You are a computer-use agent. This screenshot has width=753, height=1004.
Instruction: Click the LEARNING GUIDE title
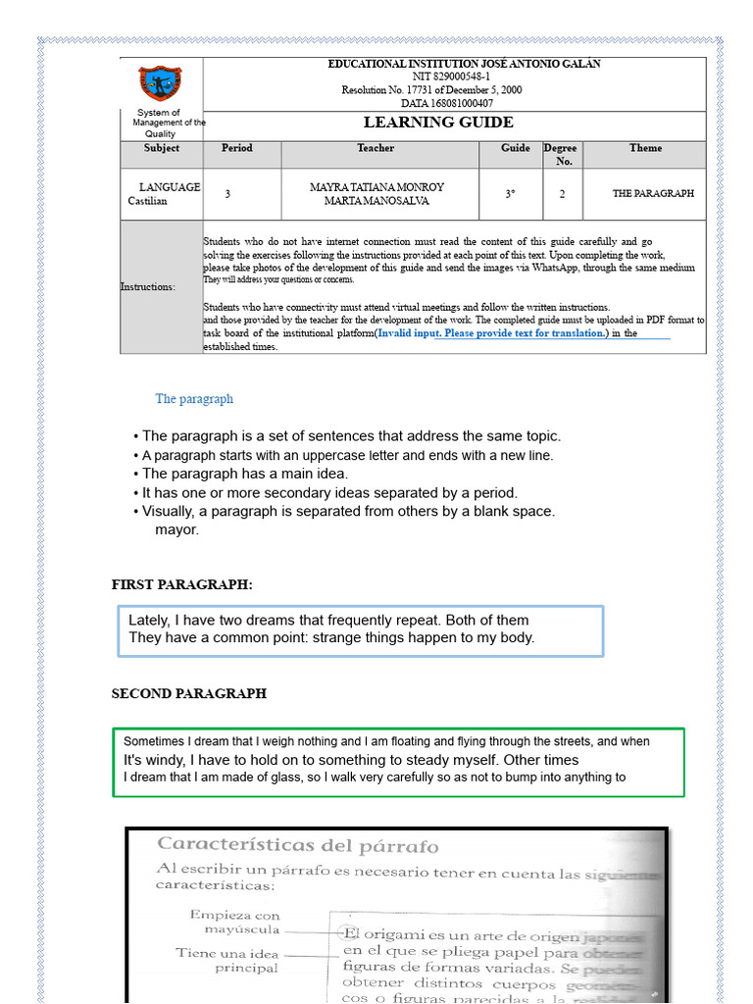(x=438, y=123)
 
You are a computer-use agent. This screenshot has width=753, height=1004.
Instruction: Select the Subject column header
(x=162, y=149)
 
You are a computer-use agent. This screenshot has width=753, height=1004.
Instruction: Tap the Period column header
(x=236, y=149)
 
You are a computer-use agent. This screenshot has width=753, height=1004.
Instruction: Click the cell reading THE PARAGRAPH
(x=653, y=193)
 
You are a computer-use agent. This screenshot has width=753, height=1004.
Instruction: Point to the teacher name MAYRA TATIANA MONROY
(x=376, y=186)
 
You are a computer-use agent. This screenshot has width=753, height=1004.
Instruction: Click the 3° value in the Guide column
(x=510, y=194)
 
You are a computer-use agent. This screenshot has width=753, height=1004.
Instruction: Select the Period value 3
(x=227, y=194)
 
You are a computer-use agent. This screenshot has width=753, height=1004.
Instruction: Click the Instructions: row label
(x=148, y=287)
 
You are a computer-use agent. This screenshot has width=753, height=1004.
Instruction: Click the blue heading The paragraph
(x=194, y=399)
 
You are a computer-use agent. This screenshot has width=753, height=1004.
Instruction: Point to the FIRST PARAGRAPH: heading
(x=182, y=585)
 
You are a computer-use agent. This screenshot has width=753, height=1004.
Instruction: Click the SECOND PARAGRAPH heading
(x=189, y=693)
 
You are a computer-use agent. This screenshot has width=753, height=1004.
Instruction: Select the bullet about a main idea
(x=240, y=474)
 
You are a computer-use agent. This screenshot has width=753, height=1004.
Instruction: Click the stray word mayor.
(x=176, y=529)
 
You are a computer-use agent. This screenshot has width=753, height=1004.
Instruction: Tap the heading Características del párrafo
(x=298, y=845)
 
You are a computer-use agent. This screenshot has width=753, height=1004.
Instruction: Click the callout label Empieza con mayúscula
(x=234, y=922)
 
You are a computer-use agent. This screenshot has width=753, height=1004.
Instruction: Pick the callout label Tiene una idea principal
(x=227, y=960)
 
